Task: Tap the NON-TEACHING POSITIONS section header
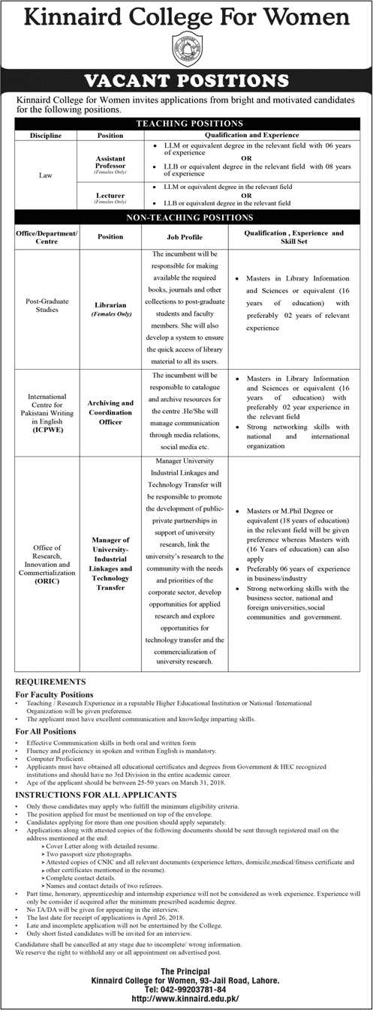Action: [187, 217]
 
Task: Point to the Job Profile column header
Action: [179, 234]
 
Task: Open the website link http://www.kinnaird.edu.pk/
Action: [186, 1000]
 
